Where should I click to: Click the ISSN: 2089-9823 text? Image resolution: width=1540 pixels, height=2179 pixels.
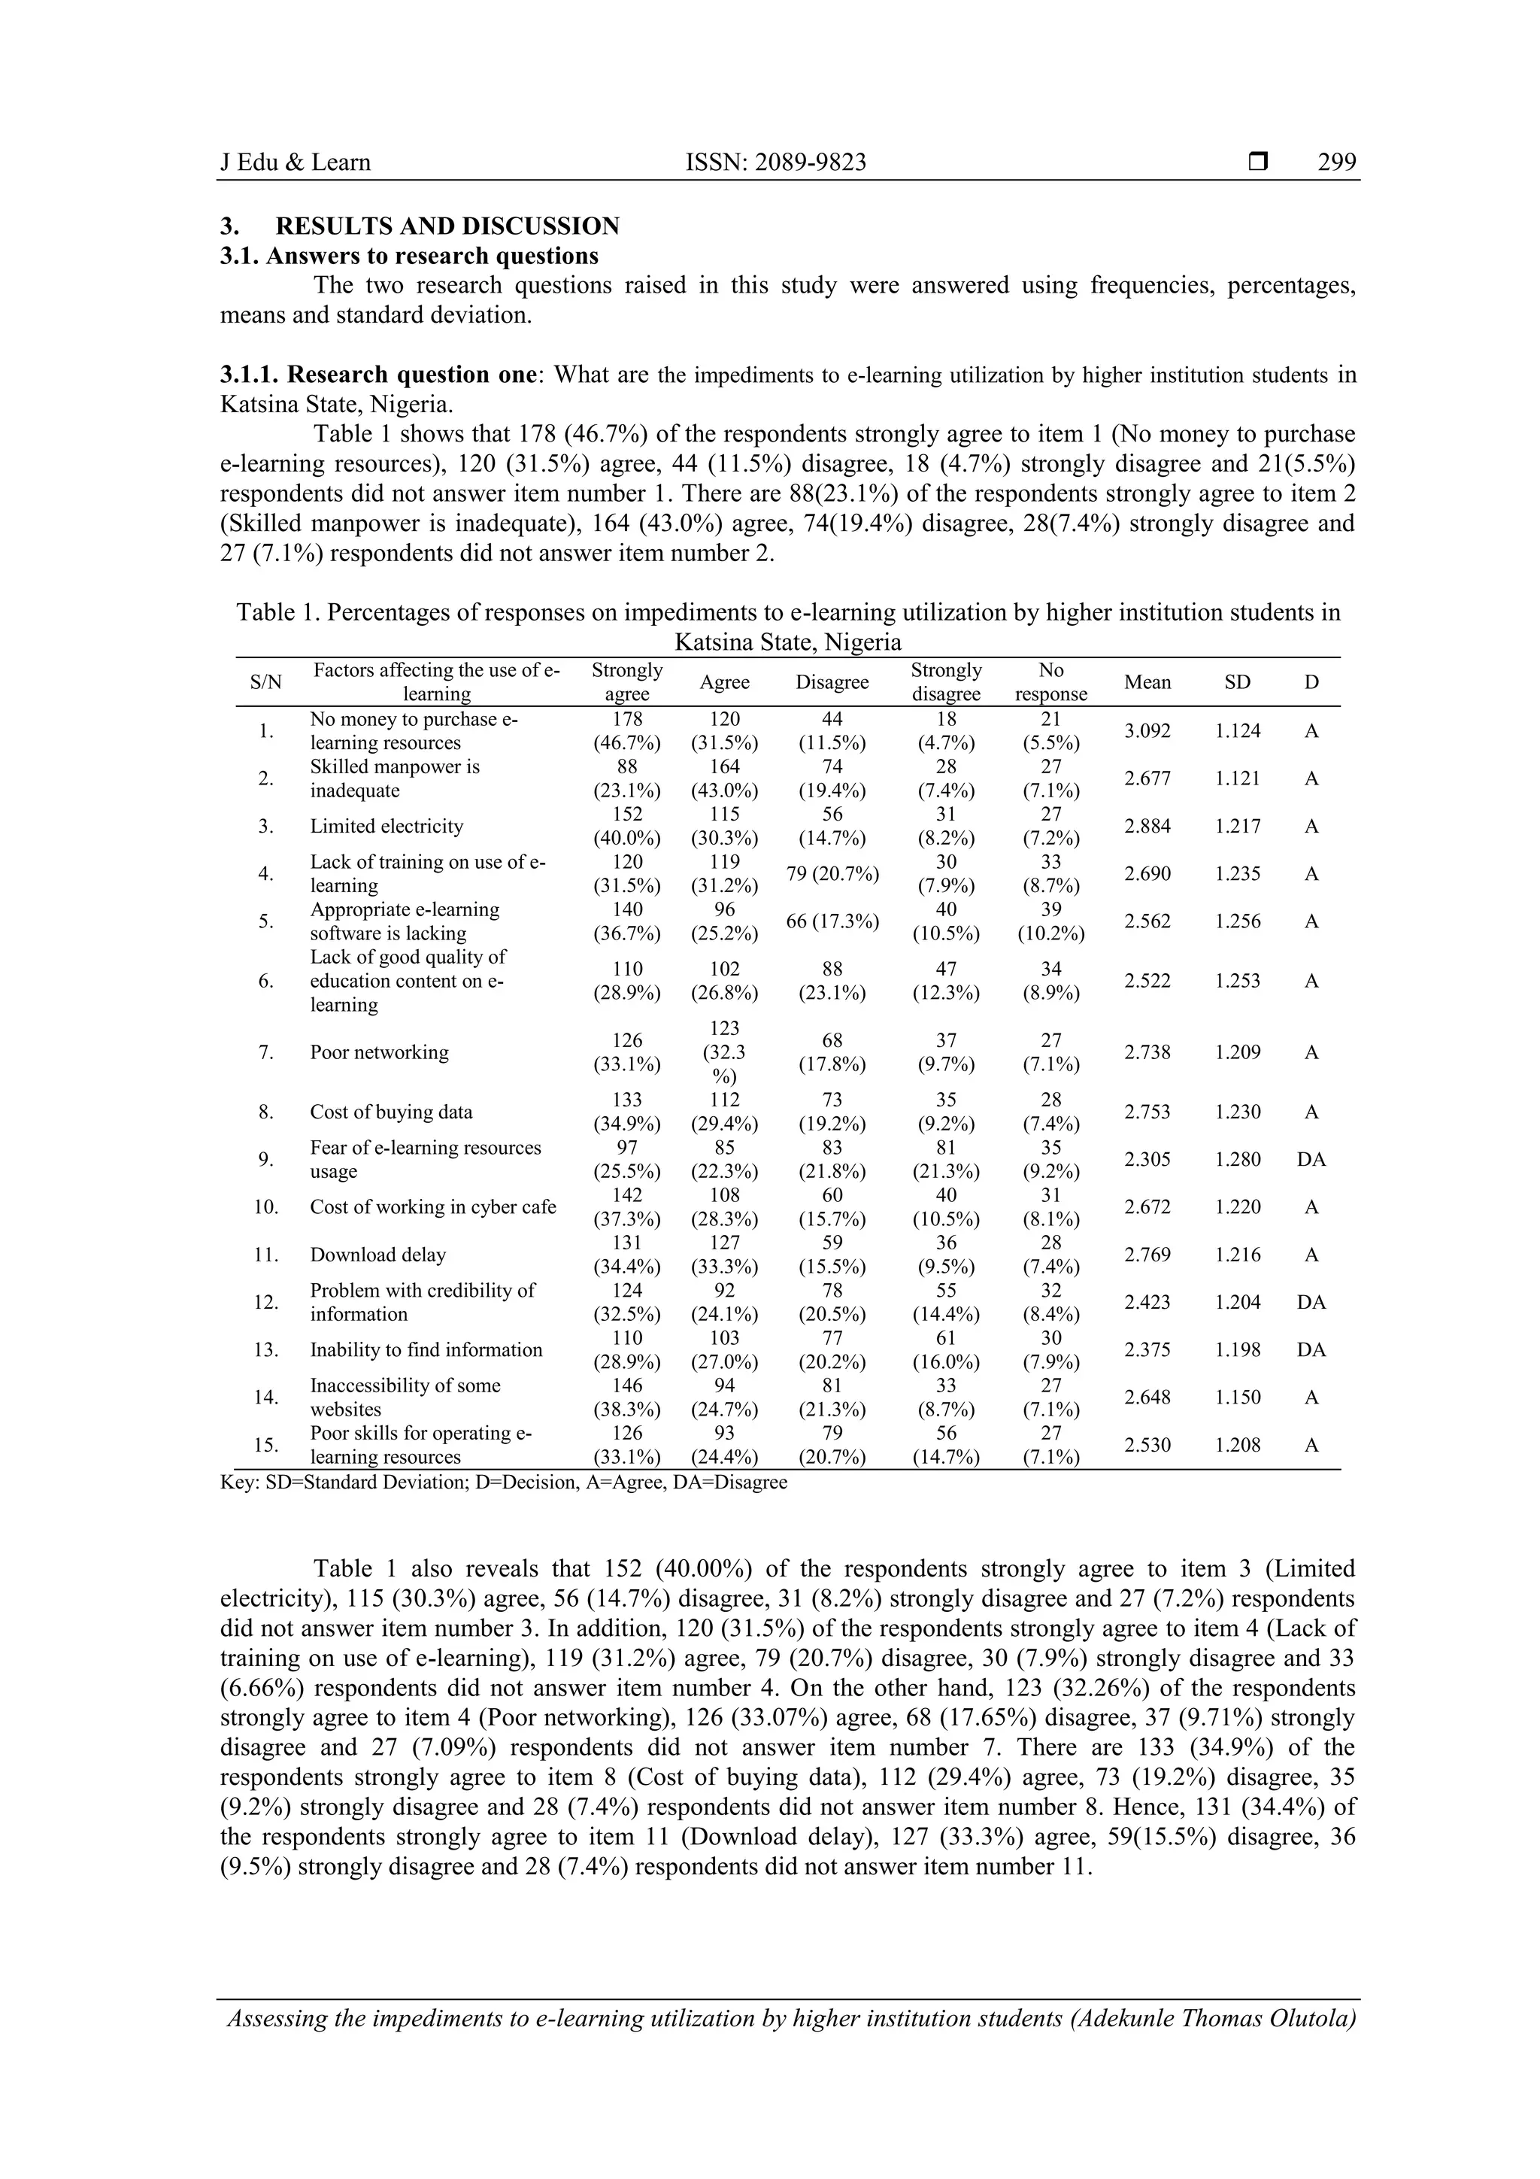tap(775, 162)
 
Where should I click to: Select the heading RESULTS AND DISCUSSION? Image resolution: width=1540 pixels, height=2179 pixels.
tap(447, 226)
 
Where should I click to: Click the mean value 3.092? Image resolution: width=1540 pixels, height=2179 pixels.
tap(1147, 731)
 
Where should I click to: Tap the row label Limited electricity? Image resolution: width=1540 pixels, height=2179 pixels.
tap(387, 826)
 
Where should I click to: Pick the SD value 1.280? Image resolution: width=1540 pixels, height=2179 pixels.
tap(1237, 1159)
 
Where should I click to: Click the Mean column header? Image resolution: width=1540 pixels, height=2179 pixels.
tap(1147, 681)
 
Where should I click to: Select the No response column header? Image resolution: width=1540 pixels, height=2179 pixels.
tap(1050, 681)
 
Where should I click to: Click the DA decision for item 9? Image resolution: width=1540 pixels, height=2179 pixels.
tap(1311, 1159)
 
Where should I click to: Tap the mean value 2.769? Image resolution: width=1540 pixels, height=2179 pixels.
tap(1147, 1255)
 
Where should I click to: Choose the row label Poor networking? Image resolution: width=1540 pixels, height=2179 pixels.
tap(378, 1052)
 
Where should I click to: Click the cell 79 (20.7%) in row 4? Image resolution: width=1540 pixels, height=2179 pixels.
tap(832, 873)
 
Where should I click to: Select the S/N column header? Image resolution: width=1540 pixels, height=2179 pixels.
tap(265, 681)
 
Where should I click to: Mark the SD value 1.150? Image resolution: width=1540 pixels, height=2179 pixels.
tap(1237, 1397)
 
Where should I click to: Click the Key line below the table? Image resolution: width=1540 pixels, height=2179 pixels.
tap(503, 1482)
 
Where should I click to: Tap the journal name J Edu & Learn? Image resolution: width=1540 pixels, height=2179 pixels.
tap(295, 162)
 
